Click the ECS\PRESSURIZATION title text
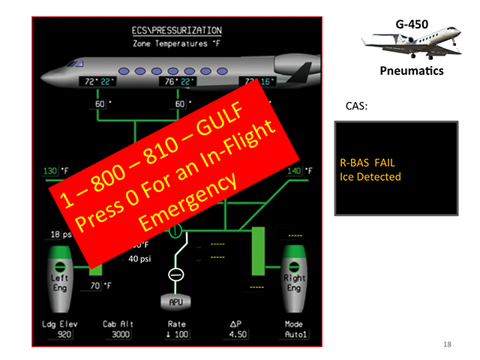[x=176, y=31]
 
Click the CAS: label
[x=356, y=106]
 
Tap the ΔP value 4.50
[x=236, y=334]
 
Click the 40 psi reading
[x=139, y=259]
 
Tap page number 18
[x=447, y=343]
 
